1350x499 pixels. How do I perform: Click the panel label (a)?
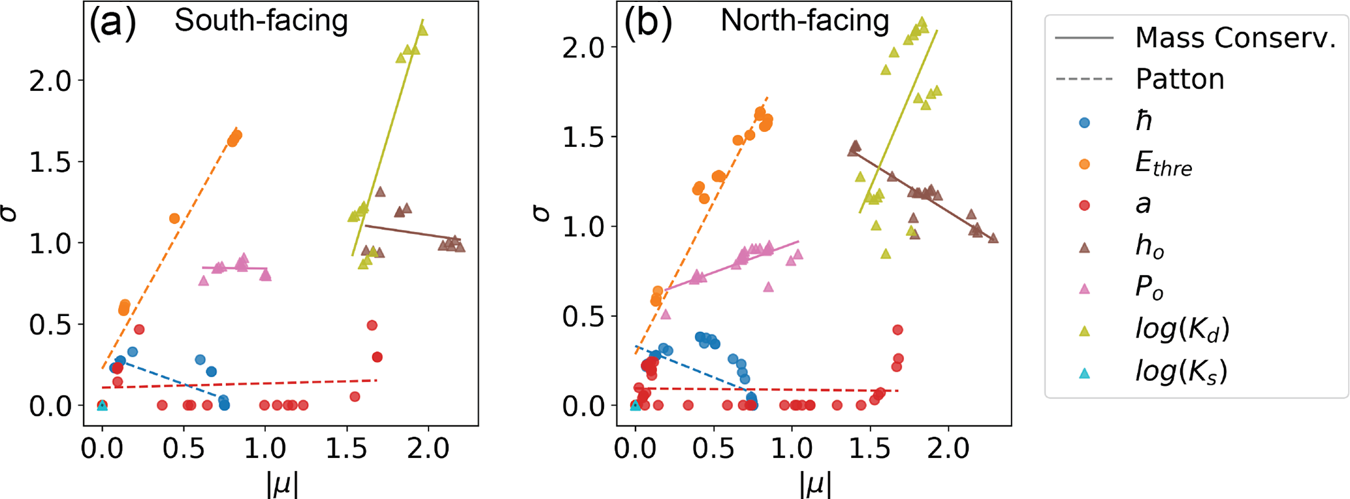[112, 23]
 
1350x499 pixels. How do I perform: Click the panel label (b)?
[647, 23]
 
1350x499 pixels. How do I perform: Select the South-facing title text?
[261, 21]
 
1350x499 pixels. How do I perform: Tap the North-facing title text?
[805, 21]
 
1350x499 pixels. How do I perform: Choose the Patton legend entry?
[1180, 79]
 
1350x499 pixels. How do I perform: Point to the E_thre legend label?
[1163, 163]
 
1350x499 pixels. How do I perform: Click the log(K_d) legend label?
[1182, 330]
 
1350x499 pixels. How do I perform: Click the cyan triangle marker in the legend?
[1084, 374]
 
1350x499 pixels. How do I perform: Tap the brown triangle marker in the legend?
[1084, 248]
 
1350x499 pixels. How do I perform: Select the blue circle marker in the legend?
[1084, 122]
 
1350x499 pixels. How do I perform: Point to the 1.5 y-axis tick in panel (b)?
[583, 137]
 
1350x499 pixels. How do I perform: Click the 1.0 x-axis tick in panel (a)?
[265, 449]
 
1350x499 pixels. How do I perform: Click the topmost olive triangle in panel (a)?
[423, 30]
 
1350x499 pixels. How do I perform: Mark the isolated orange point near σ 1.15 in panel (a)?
[174, 218]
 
